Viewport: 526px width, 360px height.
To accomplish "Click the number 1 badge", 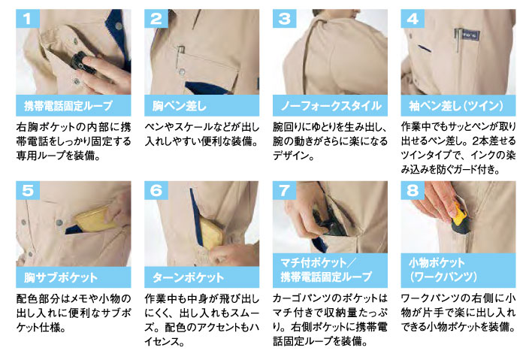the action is tap(28, 19).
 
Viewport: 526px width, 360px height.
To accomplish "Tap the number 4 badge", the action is tap(413, 19).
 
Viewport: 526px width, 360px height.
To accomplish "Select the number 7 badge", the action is tap(285, 191).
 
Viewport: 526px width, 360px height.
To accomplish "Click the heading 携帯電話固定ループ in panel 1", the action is tap(68, 106).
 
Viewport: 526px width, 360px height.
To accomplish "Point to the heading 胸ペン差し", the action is tap(179, 106).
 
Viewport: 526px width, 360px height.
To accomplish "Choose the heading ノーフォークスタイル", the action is tap(331, 106).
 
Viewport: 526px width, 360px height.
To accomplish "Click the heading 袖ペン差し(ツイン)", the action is tap(456, 106).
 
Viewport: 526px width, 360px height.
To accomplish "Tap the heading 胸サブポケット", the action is tap(61, 277).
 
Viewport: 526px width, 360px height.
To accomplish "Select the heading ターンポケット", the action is tap(188, 277).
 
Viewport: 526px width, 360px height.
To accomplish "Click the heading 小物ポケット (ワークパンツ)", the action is tap(443, 270).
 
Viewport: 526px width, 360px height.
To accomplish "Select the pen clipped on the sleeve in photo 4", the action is tap(457, 40).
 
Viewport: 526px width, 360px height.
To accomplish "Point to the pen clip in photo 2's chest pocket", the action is tap(180, 54).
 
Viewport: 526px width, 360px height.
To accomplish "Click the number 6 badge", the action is tap(156, 191).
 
